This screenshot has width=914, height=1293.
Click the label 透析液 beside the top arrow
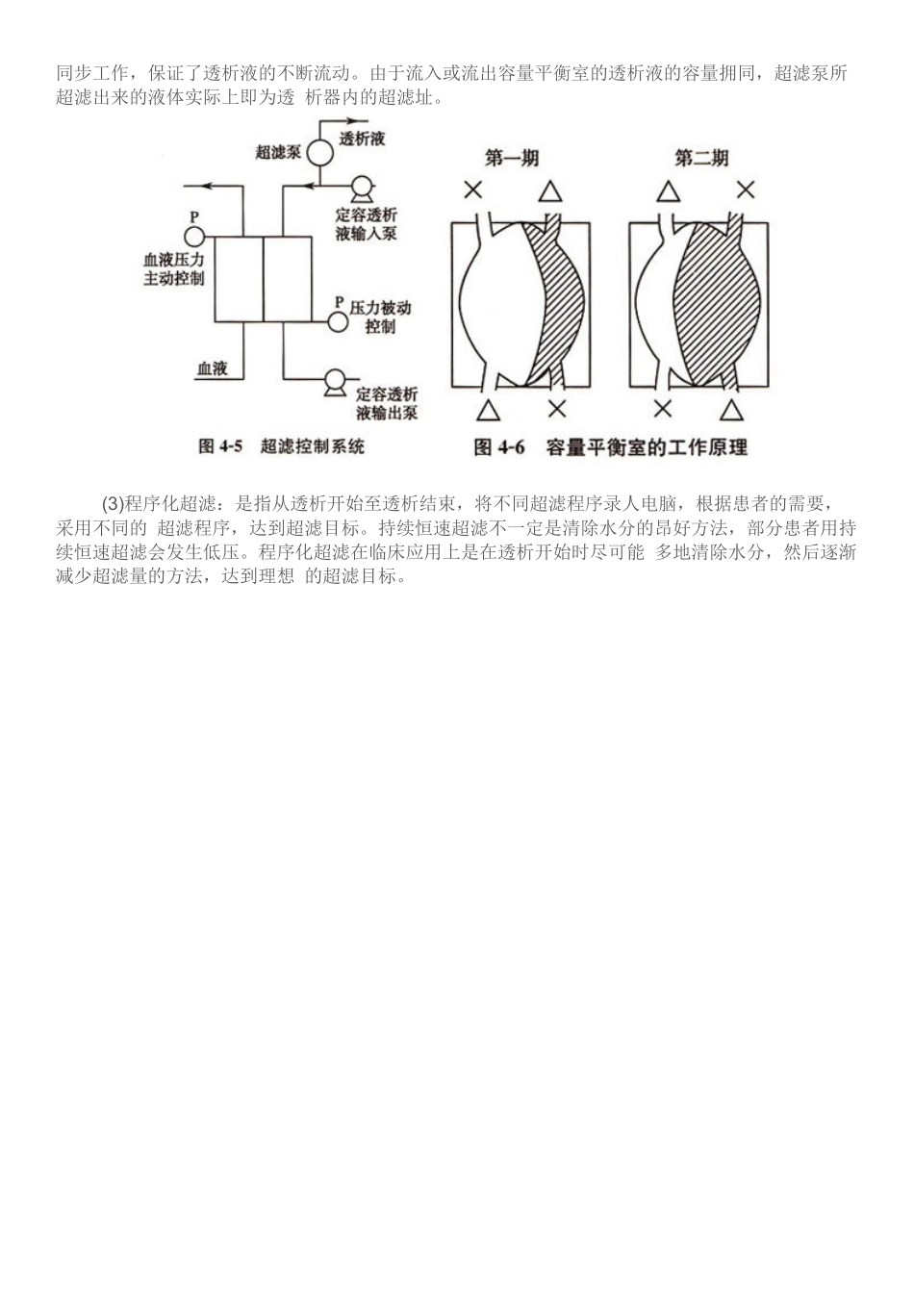363,139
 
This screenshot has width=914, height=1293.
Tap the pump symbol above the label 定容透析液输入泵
361,188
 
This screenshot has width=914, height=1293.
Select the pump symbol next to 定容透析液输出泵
335,382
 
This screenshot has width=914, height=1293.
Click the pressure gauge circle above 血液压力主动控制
193,236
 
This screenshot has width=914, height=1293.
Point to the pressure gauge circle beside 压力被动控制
338,320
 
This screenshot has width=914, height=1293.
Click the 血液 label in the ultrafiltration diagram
212,368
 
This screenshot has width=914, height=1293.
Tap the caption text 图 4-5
220,446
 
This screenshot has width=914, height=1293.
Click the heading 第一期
512,158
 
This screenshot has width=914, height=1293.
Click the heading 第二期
701,158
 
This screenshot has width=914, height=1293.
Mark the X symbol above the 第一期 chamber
473,190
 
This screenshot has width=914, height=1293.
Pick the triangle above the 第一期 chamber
549,190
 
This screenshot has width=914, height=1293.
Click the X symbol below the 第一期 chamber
557,409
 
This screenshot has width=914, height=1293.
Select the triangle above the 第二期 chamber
668,190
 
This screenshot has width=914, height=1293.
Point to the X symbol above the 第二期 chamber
746,190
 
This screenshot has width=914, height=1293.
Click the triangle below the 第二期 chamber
732,410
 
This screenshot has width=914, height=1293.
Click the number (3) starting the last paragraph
114,503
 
